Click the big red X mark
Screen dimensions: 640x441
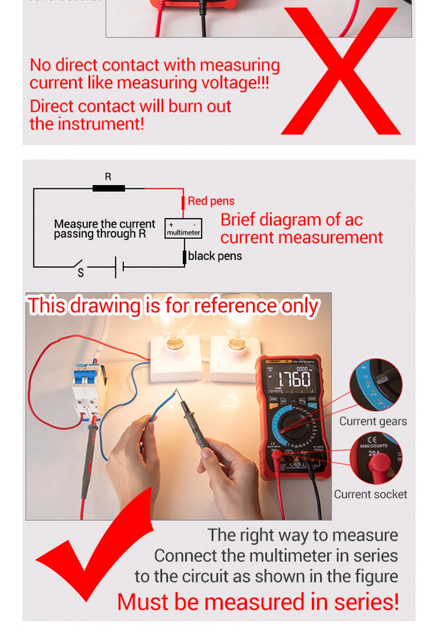(341, 71)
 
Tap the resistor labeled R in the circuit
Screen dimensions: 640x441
(108, 188)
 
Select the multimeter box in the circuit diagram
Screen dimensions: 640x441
(183, 228)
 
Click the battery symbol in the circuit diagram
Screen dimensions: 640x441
(119, 266)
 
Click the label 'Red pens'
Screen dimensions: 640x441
(211, 201)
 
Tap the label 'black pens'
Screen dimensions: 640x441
(215, 256)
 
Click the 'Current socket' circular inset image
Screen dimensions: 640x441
(376, 459)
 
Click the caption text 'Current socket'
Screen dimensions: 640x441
(370, 494)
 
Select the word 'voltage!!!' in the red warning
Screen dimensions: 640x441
(235, 83)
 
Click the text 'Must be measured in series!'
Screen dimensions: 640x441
(258, 602)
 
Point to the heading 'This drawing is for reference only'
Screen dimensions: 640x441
(173, 306)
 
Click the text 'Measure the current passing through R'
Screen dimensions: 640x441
(104, 229)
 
